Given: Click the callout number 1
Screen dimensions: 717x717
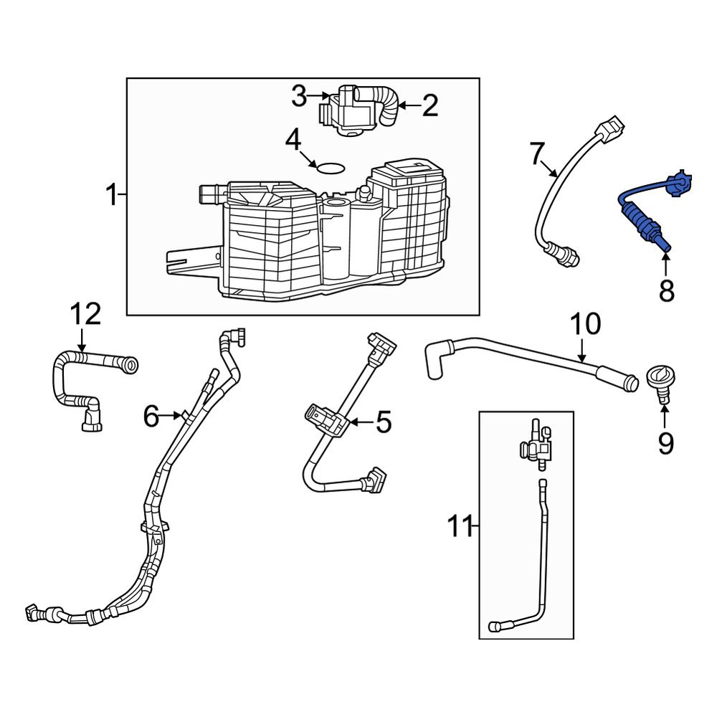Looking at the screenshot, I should click(x=111, y=195).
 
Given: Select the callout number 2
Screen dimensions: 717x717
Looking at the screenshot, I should click(x=429, y=106).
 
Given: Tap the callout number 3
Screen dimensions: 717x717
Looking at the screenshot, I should click(x=299, y=96).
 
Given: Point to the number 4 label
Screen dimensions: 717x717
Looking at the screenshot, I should click(x=293, y=141).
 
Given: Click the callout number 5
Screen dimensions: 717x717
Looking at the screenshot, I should click(x=384, y=423).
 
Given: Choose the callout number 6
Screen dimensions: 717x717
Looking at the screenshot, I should click(x=151, y=415).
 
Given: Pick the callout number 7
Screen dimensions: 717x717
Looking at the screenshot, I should click(x=537, y=153).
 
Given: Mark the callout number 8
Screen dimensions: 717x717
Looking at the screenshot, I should click(x=666, y=291).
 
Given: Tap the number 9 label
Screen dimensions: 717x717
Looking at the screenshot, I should click(x=665, y=445).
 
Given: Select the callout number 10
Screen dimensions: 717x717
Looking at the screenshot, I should click(x=586, y=324).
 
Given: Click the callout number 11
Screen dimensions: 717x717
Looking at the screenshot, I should click(x=461, y=527).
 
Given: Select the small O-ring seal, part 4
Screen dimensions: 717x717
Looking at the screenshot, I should click(x=330, y=168).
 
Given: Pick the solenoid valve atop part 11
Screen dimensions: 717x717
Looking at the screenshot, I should click(x=536, y=444).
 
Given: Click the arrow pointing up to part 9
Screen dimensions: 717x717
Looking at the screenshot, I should click(x=664, y=414).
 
